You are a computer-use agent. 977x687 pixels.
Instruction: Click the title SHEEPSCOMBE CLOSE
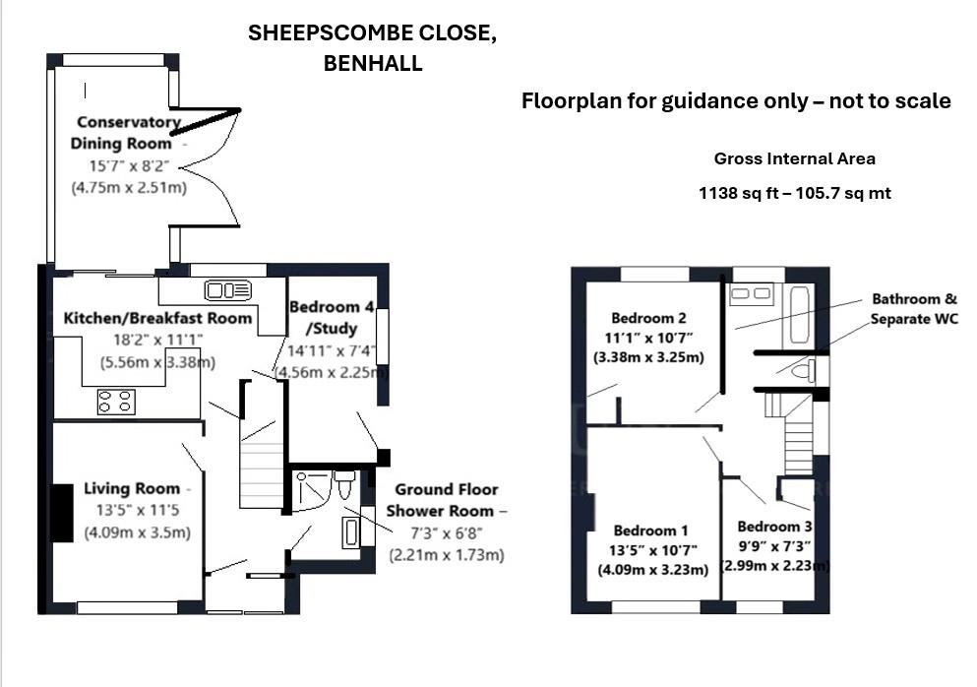pyautogui.click(x=372, y=33)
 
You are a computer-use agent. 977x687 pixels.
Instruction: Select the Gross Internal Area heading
pyautogui.click(x=794, y=158)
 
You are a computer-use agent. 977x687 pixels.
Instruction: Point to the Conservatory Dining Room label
pyautogui.click(x=127, y=133)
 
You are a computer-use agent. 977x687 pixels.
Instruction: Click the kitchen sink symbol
pyautogui.click(x=227, y=289)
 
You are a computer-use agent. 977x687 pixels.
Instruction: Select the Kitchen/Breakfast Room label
pyautogui.click(x=157, y=318)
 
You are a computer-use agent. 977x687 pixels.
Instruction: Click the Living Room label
pyautogui.click(x=132, y=488)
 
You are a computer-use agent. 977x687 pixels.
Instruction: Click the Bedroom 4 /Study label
pyautogui.click(x=324, y=317)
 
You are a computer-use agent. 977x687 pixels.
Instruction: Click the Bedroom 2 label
pyautogui.click(x=648, y=318)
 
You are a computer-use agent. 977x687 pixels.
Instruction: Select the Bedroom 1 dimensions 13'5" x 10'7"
pyautogui.click(x=651, y=550)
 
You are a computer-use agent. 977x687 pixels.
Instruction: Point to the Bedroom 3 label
pyautogui.click(x=774, y=526)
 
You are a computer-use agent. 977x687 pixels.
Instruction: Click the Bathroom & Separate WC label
pyautogui.click(x=913, y=308)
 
